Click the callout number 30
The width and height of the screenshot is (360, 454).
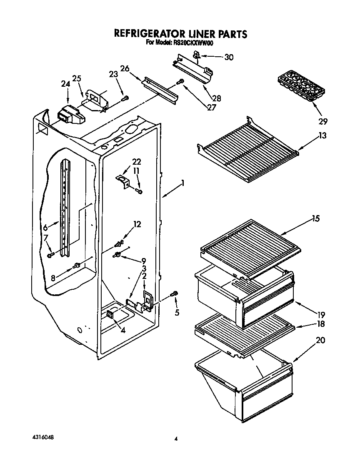click(x=229, y=58)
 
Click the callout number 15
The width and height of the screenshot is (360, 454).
click(x=315, y=218)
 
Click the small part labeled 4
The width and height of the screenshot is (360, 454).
click(x=111, y=314)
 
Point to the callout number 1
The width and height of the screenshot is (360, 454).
click(x=182, y=183)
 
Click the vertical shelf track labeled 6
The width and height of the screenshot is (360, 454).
click(x=65, y=208)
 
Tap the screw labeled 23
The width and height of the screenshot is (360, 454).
click(x=125, y=98)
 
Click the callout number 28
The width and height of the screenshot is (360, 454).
click(x=216, y=98)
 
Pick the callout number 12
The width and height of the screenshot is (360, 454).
click(x=137, y=225)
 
